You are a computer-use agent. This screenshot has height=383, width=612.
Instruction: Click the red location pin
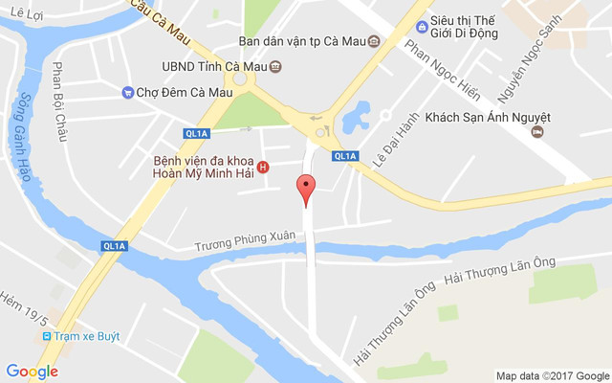pyautogui.click(x=306, y=190)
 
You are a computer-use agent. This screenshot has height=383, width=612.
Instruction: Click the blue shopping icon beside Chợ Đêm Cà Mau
pyautogui.click(x=127, y=92)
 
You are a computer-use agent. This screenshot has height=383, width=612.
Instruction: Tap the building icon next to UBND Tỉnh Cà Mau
pyautogui.click(x=275, y=67)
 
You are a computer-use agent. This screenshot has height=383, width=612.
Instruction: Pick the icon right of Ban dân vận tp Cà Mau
pyautogui.click(x=373, y=41)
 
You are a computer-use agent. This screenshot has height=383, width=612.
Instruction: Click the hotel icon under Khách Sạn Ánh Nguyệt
pyautogui.click(x=537, y=132)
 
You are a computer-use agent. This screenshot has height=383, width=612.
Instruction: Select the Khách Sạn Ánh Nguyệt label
pyautogui.click(x=488, y=116)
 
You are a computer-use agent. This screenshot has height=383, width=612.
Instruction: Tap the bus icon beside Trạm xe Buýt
pyautogui.click(x=46, y=336)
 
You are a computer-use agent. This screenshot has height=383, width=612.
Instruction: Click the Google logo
pyautogui.click(x=32, y=372)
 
